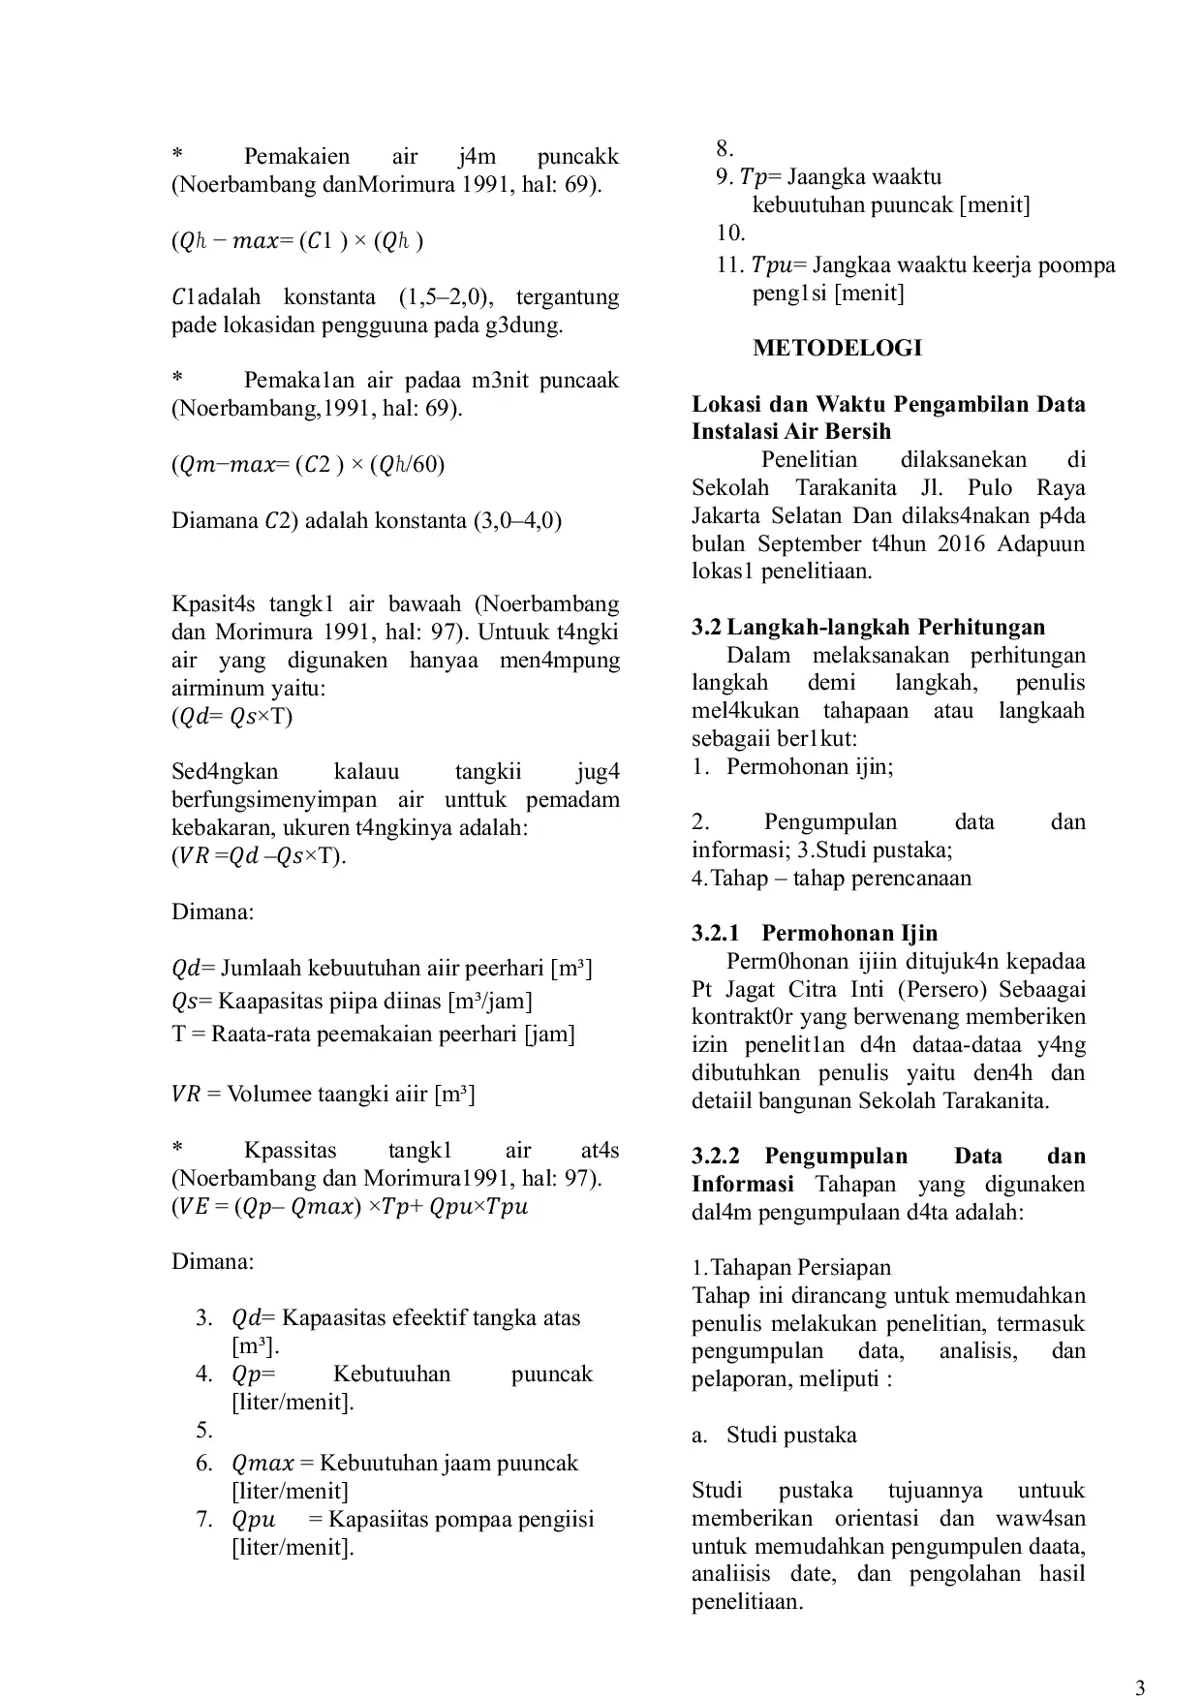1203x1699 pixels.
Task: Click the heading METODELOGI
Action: (837, 348)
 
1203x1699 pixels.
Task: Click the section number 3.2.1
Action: (716, 933)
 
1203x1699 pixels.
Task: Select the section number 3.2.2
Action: (716, 1156)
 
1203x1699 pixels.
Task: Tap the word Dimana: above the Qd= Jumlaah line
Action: (213, 911)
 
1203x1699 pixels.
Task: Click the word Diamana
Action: (212, 520)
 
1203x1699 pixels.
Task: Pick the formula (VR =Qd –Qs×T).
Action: (259, 855)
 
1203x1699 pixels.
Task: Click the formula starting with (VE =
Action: (350, 1207)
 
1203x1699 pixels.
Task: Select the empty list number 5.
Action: (204, 1430)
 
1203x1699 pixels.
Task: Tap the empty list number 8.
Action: (725, 148)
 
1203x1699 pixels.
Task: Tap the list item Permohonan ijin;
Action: (810, 766)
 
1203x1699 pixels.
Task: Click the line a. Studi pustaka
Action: (774, 1435)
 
